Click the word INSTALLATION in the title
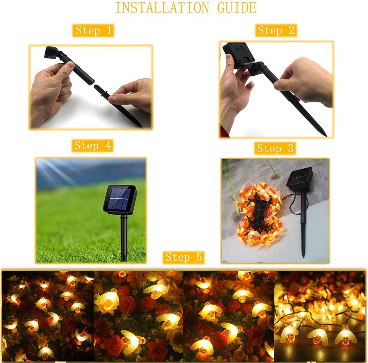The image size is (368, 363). tap(162, 8)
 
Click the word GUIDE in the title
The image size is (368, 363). tap(237, 8)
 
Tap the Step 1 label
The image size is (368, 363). tap(93, 30)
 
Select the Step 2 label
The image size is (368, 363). tap(276, 30)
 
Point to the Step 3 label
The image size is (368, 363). tap(275, 148)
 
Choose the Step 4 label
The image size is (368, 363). tap(93, 146)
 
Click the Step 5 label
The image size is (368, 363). tap(184, 257)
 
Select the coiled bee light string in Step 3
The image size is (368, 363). tap(260, 214)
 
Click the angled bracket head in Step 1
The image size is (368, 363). tap(52, 53)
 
